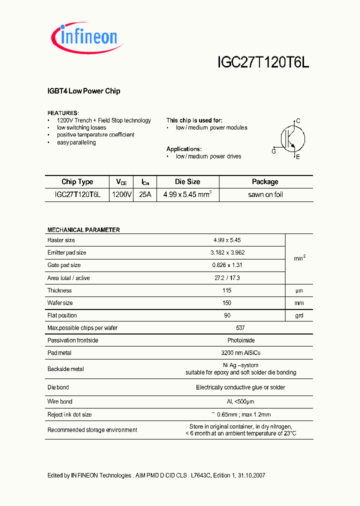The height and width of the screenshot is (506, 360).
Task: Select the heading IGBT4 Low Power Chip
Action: click(83, 91)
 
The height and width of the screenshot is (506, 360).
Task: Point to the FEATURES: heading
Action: click(63, 113)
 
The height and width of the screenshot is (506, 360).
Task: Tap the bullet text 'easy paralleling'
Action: click(76, 142)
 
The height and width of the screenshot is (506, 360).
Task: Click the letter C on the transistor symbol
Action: click(298, 121)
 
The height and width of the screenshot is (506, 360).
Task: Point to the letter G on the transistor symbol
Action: click(273, 151)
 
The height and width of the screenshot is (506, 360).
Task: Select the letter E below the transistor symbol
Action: click(298, 157)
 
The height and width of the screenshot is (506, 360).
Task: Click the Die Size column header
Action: click(187, 182)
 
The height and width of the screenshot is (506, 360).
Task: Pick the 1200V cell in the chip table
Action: click(121, 194)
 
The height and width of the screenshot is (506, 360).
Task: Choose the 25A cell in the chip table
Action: click(145, 194)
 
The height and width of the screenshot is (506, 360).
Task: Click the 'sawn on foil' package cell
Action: click(265, 194)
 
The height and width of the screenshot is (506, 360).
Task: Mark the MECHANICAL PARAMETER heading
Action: click(83, 230)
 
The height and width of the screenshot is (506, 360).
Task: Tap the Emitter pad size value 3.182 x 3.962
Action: click(227, 252)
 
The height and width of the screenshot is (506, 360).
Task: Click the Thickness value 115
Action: click(227, 290)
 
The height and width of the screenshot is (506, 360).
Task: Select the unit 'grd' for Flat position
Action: click(298, 315)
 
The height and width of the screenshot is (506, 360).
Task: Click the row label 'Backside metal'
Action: click(65, 369)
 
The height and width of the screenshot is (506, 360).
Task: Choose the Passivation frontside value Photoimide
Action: click(227, 340)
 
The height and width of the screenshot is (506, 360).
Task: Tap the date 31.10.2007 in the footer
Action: click(251, 475)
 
